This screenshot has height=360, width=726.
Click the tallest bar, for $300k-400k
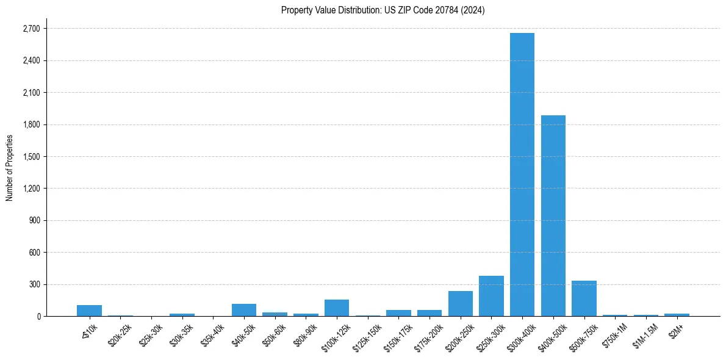coord(522,175)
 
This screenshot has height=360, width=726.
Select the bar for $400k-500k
coord(553,215)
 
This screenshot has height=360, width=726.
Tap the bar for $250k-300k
coord(491,296)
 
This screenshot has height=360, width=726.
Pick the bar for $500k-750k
coord(584,298)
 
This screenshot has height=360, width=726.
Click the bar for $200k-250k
coord(461,303)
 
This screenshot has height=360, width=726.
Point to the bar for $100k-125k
coord(337,308)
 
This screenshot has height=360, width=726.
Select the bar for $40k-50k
coord(244,310)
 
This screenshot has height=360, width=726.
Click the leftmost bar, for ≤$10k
coord(89,311)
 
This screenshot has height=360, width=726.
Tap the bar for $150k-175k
coord(398,313)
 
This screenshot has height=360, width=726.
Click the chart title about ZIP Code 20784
coord(383,10)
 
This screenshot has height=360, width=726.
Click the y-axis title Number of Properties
coord(10,168)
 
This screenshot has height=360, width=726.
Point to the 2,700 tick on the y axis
coord(31,29)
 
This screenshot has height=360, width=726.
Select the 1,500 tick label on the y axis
coord(31,157)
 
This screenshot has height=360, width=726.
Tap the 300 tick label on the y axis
coord(34,284)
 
